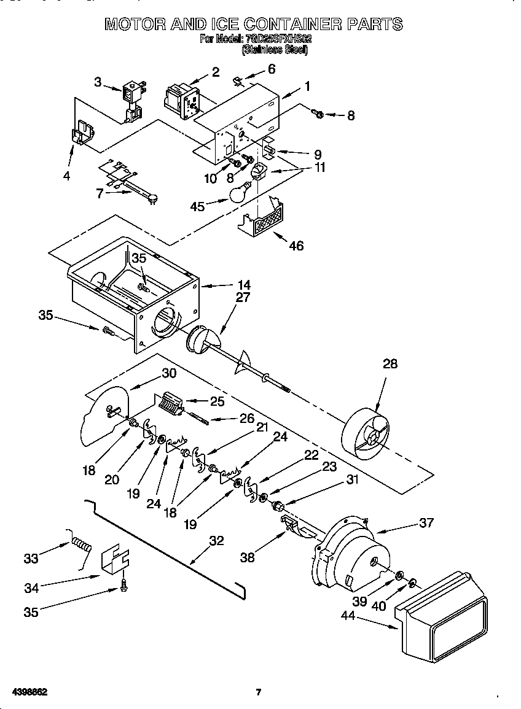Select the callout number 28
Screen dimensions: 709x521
coord(390,363)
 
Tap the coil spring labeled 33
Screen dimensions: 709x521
coord(81,544)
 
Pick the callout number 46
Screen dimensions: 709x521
coord(296,246)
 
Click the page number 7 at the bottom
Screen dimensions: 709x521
coord(259,692)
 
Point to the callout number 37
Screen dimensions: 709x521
coord(426,522)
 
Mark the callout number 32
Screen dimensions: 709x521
coord(216,541)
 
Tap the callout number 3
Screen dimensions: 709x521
coord(98,82)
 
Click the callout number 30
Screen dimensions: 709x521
coord(169,373)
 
